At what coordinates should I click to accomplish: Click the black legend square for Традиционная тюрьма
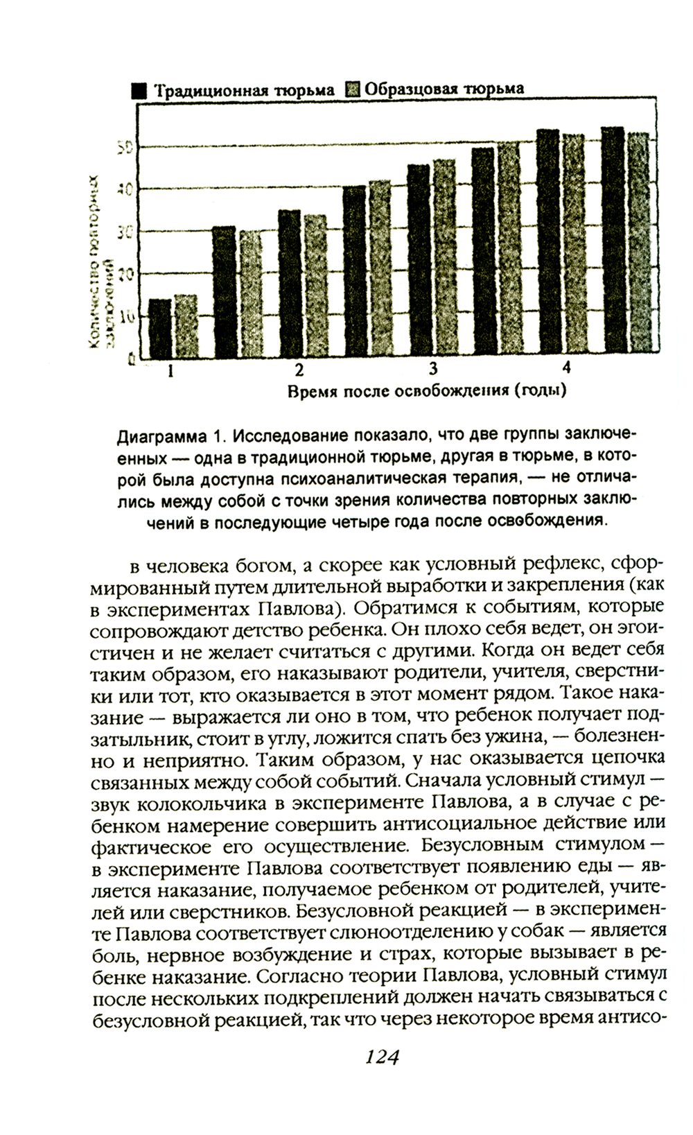click(x=139, y=90)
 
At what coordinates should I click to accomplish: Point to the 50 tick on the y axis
click(x=124, y=147)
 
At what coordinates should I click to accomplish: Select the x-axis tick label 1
click(x=170, y=370)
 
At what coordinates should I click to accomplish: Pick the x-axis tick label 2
click(x=299, y=369)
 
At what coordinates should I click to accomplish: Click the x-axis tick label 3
click(x=433, y=367)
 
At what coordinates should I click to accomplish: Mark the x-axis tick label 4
click(x=566, y=367)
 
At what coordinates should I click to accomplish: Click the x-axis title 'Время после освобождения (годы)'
click(x=427, y=391)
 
